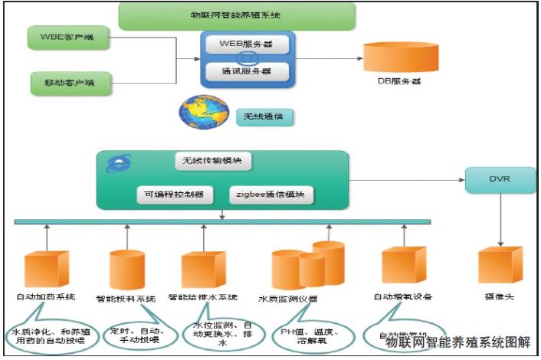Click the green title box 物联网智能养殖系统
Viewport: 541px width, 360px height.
click(237, 15)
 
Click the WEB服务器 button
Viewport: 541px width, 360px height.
click(247, 44)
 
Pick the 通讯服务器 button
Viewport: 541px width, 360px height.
click(247, 73)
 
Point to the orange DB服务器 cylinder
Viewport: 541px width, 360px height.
click(395, 57)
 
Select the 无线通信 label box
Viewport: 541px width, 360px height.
click(264, 117)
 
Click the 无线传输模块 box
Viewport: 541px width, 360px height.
click(213, 162)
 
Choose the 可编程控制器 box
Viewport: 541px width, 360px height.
click(175, 195)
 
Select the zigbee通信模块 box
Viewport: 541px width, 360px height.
click(272, 195)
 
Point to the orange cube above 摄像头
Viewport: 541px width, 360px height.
click(500, 265)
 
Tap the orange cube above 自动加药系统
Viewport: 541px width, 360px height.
click(47, 268)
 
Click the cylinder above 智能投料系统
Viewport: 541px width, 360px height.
click(126, 268)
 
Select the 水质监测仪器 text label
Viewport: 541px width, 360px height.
click(288, 298)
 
